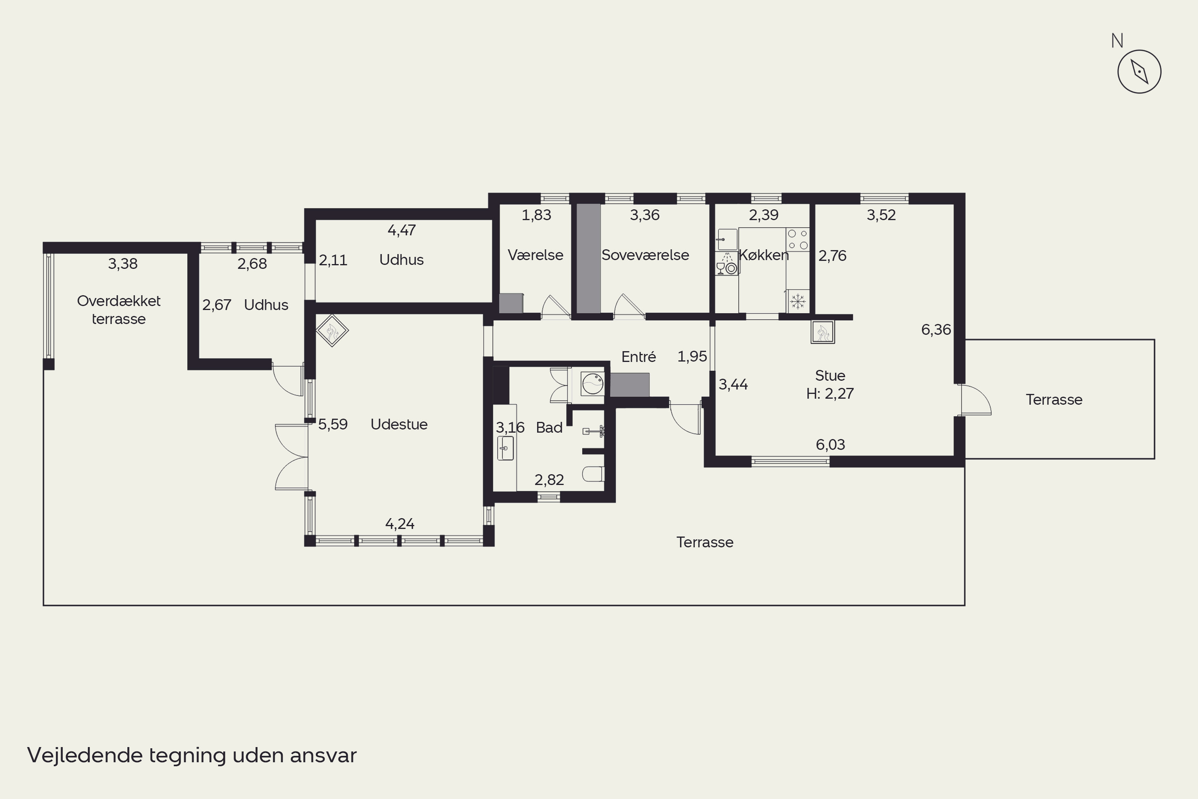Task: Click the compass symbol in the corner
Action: pos(1139,72)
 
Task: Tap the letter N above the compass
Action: pos(1117,41)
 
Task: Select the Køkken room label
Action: pos(764,255)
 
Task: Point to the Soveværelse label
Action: pos(645,255)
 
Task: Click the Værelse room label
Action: pos(536,255)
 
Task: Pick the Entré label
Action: pos(639,357)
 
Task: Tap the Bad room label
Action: pos(549,427)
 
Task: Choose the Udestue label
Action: pos(399,424)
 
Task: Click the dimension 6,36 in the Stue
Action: pos(936,330)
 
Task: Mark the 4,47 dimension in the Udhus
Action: pos(401,231)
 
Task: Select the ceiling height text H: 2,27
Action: pos(830,394)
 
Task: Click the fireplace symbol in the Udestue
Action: pos(332,331)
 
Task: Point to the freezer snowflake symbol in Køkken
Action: pos(797,301)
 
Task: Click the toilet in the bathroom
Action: pos(593,474)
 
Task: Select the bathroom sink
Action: pos(505,448)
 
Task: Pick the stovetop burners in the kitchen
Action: pos(797,239)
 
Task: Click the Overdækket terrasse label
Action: pos(119,310)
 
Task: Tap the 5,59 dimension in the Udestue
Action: pos(333,424)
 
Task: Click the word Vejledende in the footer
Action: pos(85,755)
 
